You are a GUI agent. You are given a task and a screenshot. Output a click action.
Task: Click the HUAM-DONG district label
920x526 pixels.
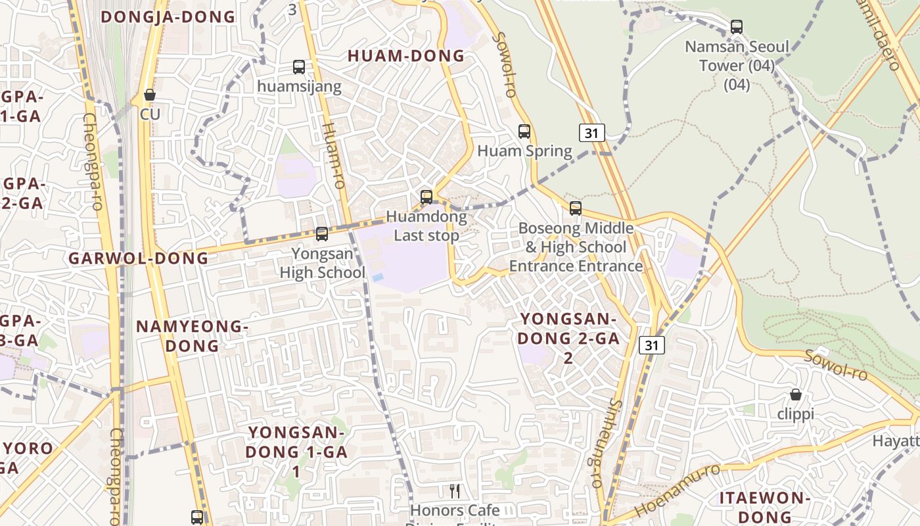tap(405, 56)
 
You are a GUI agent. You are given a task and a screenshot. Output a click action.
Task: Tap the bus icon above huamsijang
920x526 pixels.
tap(299, 66)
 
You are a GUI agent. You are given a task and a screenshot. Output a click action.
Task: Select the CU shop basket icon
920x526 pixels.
tap(150, 95)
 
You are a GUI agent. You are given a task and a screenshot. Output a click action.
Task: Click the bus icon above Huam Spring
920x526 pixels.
tap(524, 131)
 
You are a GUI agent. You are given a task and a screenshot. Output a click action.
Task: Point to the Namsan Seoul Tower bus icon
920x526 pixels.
tap(737, 27)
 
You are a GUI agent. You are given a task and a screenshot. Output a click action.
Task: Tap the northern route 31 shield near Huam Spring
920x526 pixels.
tap(591, 133)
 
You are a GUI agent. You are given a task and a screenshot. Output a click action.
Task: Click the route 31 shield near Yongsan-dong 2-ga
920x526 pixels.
tap(651, 345)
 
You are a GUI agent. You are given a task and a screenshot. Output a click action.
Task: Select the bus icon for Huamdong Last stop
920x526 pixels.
tap(426, 197)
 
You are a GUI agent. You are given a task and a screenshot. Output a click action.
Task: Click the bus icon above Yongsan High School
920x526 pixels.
tap(322, 233)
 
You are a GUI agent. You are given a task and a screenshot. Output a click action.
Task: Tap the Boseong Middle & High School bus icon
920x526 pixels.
tap(576, 208)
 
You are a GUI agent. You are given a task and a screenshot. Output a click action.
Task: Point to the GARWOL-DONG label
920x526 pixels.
tap(139, 258)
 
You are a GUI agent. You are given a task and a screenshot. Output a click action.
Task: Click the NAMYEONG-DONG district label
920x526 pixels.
tap(192, 336)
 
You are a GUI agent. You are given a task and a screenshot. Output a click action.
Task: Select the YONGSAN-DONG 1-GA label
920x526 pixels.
tap(296, 452)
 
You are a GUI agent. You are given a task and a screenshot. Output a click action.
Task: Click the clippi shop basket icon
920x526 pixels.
tap(795, 394)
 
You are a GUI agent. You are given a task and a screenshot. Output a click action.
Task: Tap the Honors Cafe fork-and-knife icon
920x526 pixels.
tap(454, 490)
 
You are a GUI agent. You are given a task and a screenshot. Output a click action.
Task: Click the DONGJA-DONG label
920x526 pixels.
tap(168, 17)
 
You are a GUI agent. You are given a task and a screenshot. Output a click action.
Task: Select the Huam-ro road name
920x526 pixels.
tap(334, 156)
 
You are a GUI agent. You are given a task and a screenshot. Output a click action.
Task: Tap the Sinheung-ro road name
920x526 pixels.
tap(605, 444)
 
